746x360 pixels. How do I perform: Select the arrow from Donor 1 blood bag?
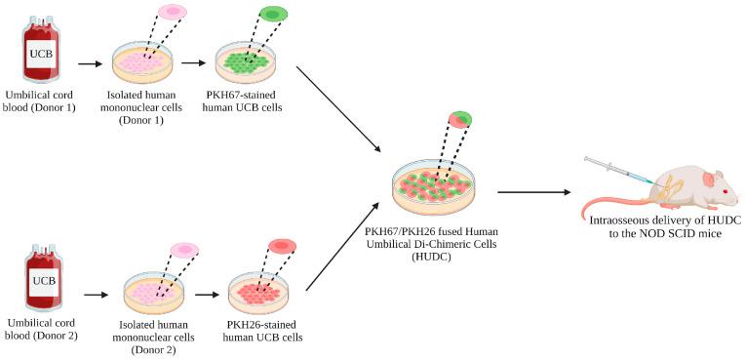(91, 64)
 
